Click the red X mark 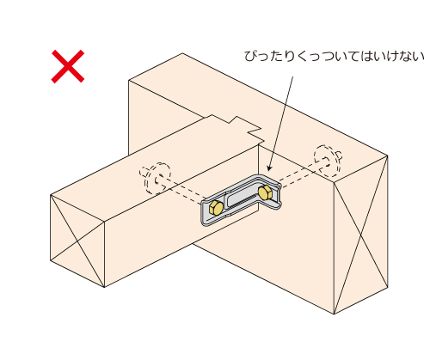(x=68, y=66)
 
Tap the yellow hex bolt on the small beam (x=216, y=207)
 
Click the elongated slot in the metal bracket (x=243, y=198)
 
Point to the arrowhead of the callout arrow (x=269, y=168)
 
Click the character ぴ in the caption (x=250, y=56)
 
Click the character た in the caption (x=273, y=56)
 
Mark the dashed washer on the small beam (x=157, y=179)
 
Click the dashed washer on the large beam (x=327, y=161)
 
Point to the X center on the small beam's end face (x=77, y=241)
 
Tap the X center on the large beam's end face (x=361, y=235)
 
